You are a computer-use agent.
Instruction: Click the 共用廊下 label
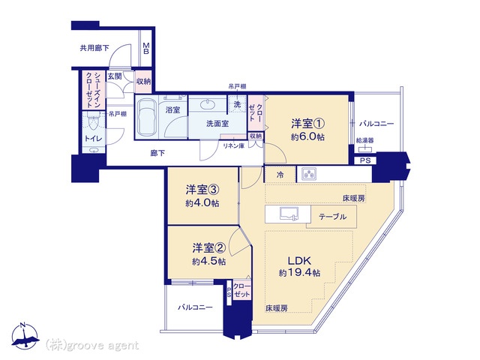point(94,48)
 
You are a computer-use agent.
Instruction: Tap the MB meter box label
point(146,48)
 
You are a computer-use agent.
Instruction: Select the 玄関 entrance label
point(115,76)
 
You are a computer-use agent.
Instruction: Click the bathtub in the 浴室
point(147,117)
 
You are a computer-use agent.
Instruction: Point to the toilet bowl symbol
point(92,124)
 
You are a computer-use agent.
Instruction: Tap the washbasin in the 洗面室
point(208,104)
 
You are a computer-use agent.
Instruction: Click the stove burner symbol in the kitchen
point(309,175)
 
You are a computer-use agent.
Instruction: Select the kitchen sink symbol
point(289,213)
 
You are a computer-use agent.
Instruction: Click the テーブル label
point(332,217)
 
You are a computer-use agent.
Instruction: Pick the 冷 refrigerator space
point(280,175)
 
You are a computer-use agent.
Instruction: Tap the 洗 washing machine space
point(237,104)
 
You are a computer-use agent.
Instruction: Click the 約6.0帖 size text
point(307,136)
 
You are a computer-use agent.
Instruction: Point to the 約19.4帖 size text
point(300,272)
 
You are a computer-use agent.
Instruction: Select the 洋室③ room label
point(202,190)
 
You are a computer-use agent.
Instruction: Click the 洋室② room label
point(209,248)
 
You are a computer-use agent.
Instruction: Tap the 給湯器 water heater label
point(365,140)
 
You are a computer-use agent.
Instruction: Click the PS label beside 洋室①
point(365,160)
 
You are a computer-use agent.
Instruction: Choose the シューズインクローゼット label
point(93,90)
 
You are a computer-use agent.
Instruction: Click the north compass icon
point(25,336)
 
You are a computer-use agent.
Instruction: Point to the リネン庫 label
point(233,146)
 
